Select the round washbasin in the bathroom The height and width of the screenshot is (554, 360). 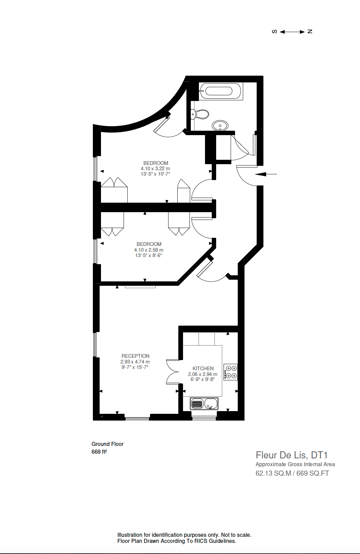click(x=220, y=126)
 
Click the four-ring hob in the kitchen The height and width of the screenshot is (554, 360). click(x=231, y=372)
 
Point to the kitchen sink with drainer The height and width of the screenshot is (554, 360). click(x=204, y=403)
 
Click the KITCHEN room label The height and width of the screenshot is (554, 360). click(x=203, y=368)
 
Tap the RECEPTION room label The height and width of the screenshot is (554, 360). click(x=135, y=356)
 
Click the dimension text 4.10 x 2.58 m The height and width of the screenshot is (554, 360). click(x=149, y=250)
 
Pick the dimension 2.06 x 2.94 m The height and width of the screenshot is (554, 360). click(x=203, y=374)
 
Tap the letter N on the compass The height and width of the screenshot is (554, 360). click(x=310, y=31)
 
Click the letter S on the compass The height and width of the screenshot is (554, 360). click(x=275, y=31)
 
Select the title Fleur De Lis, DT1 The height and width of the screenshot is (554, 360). click(x=291, y=455)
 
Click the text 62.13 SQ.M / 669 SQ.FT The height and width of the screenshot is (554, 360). click(x=292, y=473)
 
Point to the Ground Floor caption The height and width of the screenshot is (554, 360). click(x=107, y=444)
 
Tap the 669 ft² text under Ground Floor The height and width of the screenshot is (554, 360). click(x=99, y=452)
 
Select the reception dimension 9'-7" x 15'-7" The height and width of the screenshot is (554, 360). click(x=135, y=367)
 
